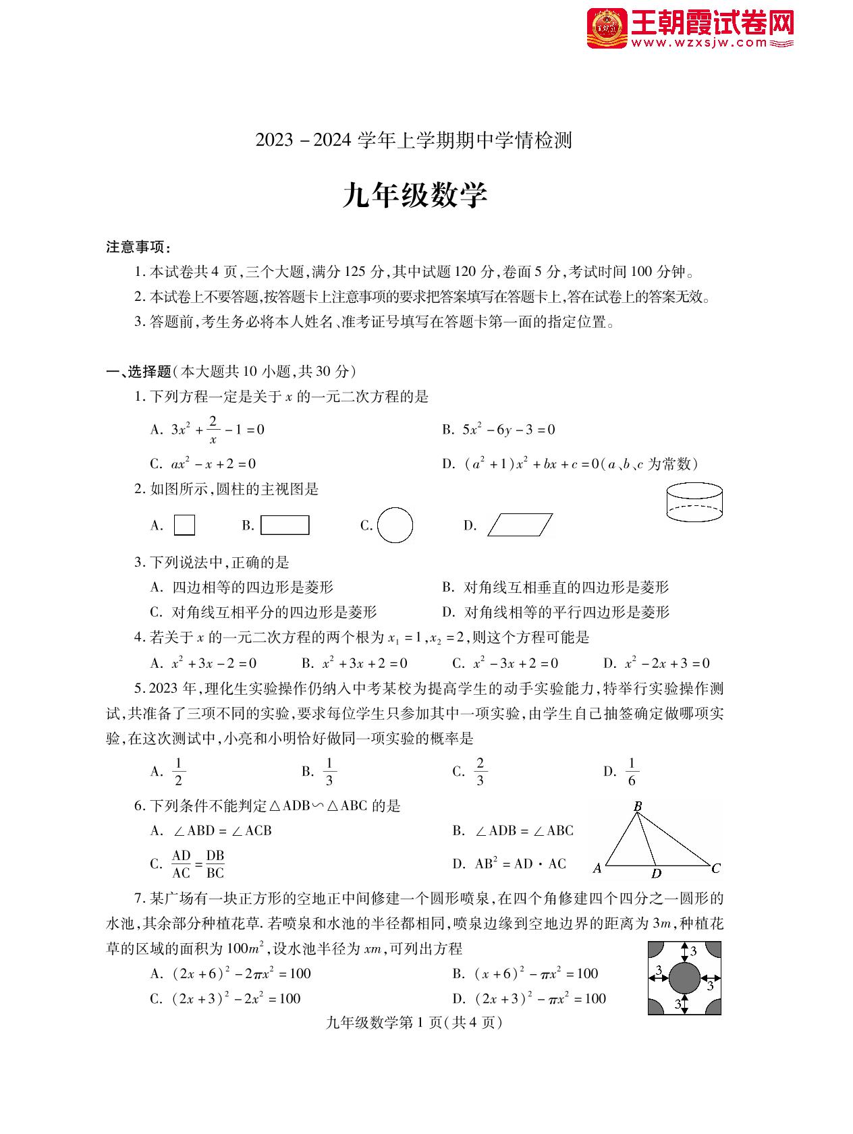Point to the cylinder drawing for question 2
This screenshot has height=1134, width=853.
pos(694,503)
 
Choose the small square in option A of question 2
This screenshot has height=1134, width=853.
pos(184,525)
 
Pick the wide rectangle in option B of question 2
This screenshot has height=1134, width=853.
pos(285,525)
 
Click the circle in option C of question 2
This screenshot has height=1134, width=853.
pos(395,526)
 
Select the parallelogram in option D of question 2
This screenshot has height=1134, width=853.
pos(520,525)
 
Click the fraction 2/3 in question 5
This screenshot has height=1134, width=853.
pos(480,772)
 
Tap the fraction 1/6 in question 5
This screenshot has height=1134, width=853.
pos(632,772)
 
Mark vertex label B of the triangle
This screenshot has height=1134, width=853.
pos(638,805)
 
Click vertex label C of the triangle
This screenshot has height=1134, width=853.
pos(716,868)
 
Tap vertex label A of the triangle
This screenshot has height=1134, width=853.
pos(597,869)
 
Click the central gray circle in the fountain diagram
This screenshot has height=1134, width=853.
pos(684,979)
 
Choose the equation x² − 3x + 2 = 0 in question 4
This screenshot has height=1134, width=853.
pos(516,663)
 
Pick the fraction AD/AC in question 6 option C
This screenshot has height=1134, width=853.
pos(181,864)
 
